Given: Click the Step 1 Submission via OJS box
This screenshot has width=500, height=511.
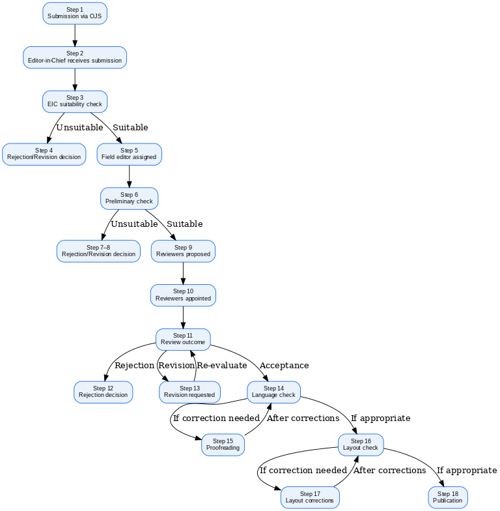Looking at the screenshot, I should click(75, 13).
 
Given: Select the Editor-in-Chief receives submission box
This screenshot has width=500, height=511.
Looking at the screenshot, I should click(75, 57).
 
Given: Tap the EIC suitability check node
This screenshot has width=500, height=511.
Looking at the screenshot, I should click(75, 101).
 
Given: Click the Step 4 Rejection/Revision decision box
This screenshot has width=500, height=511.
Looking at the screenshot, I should click(44, 154).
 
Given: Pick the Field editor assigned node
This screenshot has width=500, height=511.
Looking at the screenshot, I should click(129, 154).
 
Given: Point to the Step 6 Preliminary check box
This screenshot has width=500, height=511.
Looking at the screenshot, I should click(129, 198).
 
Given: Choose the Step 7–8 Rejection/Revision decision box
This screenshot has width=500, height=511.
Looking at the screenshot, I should click(98, 251).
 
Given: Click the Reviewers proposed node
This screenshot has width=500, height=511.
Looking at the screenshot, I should click(183, 251).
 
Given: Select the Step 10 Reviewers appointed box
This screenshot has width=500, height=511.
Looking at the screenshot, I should click(183, 295).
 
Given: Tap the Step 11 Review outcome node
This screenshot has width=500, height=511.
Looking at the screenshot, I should click(183, 339).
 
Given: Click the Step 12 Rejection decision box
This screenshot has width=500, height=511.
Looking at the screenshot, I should click(103, 392).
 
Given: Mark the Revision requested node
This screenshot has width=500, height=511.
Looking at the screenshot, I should click(189, 392).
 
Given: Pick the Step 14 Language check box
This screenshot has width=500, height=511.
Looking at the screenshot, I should click(273, 392).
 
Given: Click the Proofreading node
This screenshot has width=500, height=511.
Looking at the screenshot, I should click(223, 445).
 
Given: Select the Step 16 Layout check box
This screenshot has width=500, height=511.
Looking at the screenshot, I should click(361, 445).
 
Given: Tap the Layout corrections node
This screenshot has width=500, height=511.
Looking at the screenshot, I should click(311, 497).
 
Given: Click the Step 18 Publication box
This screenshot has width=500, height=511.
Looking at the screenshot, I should click(447, 497).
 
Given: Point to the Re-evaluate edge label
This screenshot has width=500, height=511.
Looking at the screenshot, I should click(222, 366).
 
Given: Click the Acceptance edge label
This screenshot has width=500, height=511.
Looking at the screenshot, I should click(284, 366).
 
